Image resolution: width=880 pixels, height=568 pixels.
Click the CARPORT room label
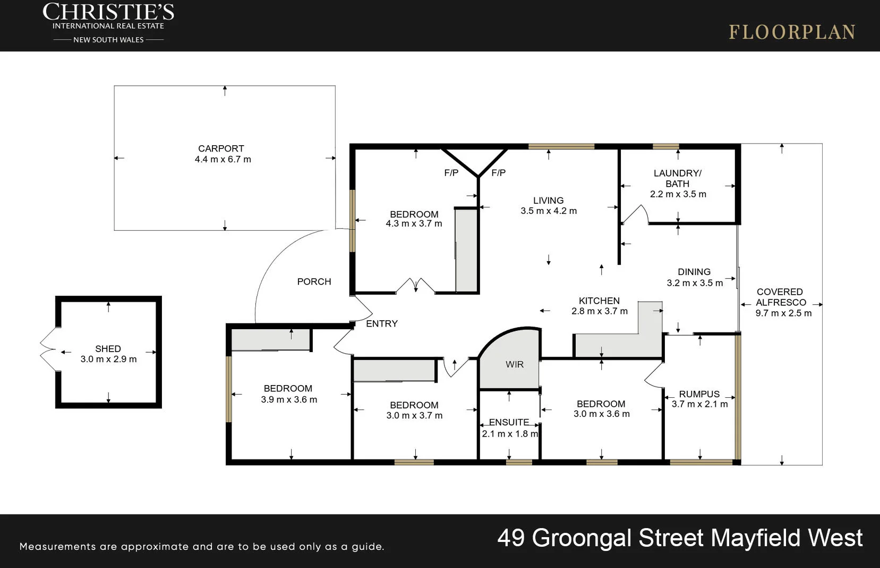[221, 149]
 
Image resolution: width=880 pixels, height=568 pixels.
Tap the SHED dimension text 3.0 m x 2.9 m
[108, 360]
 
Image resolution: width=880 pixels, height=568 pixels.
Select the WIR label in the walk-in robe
[514, 364]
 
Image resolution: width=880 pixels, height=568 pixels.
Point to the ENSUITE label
[509, 422]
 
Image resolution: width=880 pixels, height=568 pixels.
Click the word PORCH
[314, 282]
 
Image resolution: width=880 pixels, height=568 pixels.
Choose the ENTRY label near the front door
[381, 324]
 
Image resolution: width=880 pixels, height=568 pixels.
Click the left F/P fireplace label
[451, 173]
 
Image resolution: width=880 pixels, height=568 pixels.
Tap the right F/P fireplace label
[498, 173]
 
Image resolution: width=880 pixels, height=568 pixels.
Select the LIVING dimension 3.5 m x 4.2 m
[548, 211]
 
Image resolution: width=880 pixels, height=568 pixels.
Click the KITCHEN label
[599, 301]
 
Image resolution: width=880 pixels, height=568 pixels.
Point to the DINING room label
[694, 272]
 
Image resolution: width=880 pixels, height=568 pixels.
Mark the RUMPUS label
[699, 394]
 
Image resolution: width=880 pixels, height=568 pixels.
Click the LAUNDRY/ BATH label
[677, 178]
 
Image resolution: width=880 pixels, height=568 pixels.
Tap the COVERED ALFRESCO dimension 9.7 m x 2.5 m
[783, 313]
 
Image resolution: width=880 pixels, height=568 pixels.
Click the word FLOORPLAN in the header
[791, 32]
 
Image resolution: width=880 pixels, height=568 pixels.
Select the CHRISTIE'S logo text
[108, 12]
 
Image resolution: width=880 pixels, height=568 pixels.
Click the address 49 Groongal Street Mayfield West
[679, 538]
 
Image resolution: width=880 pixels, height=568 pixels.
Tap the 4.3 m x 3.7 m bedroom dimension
[414, 224]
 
